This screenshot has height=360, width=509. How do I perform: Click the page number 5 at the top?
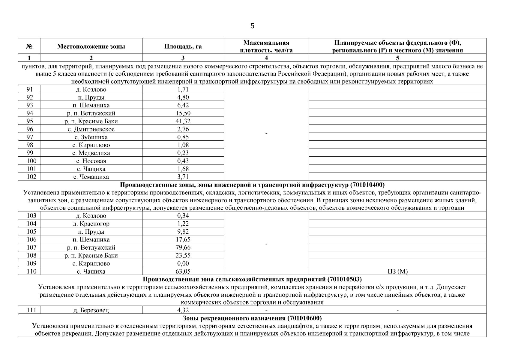252,26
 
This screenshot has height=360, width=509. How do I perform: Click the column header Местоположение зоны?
91,46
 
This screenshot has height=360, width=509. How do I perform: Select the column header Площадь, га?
183,46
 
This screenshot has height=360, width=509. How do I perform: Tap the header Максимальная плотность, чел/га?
266,46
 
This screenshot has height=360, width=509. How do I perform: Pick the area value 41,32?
183,121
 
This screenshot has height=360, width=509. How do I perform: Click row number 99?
29,153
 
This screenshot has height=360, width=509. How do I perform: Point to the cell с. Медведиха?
91,153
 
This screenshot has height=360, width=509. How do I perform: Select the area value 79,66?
183,247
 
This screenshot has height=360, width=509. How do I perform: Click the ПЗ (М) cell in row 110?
397,271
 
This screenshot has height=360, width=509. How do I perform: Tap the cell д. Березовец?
91,310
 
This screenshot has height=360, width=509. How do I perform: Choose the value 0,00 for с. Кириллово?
183,263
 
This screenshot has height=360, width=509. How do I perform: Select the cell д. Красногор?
91,224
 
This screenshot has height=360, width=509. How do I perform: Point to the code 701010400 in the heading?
367,185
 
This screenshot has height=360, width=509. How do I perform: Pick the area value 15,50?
183,113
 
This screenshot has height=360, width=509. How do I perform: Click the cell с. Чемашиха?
91,177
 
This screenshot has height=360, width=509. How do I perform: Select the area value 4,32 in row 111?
183,310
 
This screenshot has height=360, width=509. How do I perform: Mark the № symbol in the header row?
29,46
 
